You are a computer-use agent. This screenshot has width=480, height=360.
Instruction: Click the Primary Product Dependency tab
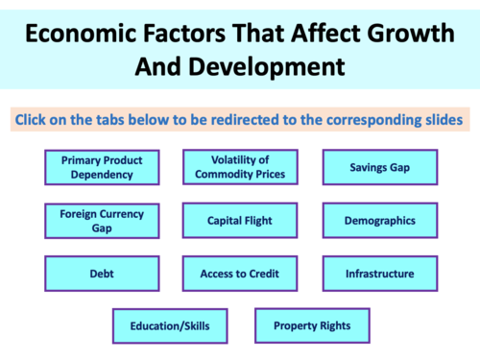(x=96, y=167)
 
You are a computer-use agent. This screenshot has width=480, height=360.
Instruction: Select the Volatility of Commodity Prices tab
(x=239, y=167)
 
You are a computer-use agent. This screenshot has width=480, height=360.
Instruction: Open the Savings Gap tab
(x=379, y=167)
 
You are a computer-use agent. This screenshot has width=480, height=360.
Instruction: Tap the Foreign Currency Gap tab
(x=96, y=221)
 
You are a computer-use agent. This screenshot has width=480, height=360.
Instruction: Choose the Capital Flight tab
(x=239, y=221)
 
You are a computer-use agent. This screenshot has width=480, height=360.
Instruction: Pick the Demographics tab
(x=379, y=221)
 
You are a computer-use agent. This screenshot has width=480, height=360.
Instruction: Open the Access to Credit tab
(x=239, y=274)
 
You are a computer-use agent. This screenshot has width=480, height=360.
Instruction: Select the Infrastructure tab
(x=379, y=274)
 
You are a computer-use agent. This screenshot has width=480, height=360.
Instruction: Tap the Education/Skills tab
(x=170, y=325)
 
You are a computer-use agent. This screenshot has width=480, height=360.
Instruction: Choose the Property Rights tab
(x=312, y=325)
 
